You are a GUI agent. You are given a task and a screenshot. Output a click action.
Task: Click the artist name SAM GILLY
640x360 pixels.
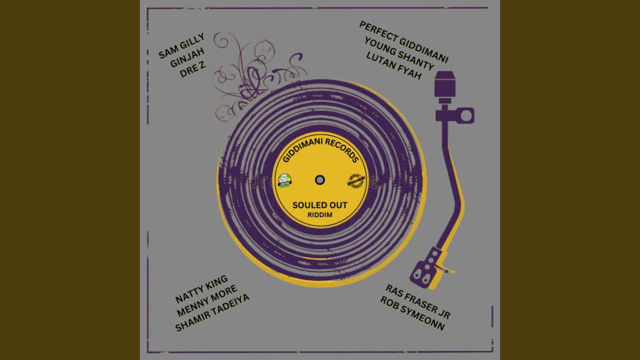(x=181, y=45)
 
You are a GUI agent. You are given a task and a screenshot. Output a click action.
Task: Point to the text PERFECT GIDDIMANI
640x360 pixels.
(x=403, y=42)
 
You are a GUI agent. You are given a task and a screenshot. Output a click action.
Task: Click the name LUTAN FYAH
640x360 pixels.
(x=394, y=65)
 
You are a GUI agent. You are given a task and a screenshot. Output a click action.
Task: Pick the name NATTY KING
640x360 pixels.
(x=201, y=289)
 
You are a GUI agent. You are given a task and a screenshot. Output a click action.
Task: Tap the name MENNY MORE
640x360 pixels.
(x=207, y=300)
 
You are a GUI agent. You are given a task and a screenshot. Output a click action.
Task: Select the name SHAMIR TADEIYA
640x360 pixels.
(x=212, y=312)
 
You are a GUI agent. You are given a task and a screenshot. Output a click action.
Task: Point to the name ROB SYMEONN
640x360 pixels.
(x=412, y=313)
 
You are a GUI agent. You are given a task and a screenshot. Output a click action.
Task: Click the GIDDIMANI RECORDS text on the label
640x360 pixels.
(x=320, y=149)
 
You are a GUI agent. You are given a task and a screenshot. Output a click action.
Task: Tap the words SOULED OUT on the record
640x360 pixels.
(x=320, y=205)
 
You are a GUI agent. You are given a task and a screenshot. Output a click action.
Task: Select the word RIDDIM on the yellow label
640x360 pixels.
(x=320, y=215)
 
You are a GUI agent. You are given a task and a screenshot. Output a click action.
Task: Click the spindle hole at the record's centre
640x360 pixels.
(x=320, y=180)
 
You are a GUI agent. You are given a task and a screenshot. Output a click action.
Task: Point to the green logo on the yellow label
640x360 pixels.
(x=284, y=180)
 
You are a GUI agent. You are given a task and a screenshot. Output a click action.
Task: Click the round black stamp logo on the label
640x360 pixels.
(x=355, y=180)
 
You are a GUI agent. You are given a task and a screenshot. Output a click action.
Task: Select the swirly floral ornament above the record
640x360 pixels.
(x=250, y=75)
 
